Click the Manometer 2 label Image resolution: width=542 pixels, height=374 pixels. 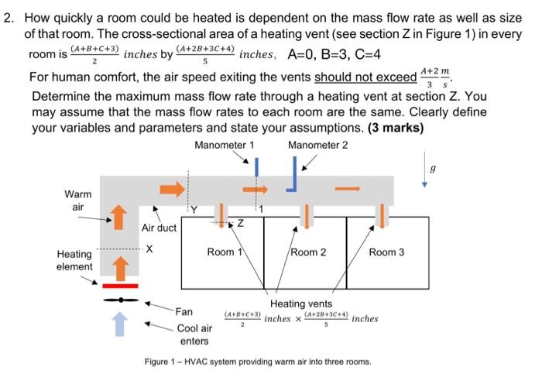[317, 145]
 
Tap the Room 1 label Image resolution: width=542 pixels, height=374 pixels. [225, 252]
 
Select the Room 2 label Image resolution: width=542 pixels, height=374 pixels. [308, 252]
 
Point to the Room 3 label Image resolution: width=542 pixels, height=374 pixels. [387, 252]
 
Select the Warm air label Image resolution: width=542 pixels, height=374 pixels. [77, 201]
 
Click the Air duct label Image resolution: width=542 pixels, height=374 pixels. [159, 228]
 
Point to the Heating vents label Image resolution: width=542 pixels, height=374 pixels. [301, 304]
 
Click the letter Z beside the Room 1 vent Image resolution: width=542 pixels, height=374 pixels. [240, 223]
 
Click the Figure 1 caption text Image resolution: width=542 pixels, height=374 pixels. [258, 362]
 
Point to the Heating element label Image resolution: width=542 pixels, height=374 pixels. [74, 260]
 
